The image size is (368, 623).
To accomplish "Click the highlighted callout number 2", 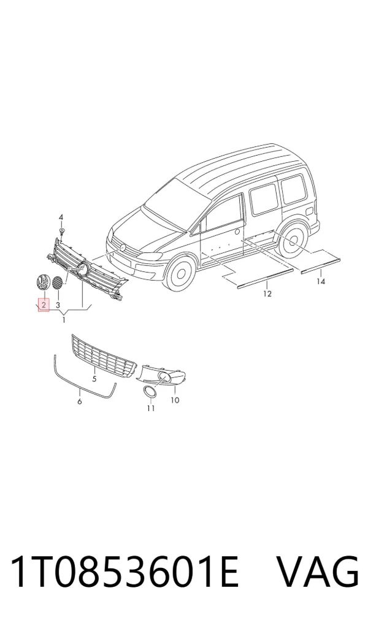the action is point(44,305).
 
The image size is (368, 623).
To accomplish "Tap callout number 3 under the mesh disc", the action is point(58,305).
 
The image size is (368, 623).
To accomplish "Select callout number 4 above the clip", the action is point(61,217).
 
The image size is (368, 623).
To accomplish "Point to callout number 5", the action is point(94,379).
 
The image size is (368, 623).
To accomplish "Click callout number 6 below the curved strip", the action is point(80,402).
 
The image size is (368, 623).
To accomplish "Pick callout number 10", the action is point(175,399).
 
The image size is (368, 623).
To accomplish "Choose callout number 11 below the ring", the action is point(151,408).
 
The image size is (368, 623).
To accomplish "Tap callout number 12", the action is point(267,293).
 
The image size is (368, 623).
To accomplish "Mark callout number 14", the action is point(321,281).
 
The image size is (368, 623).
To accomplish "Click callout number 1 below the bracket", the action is point(64,319).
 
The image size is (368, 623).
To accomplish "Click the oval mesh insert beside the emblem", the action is point(58,282).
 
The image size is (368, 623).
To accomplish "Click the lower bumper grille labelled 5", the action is point(104,356).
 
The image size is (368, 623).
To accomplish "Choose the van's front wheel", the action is point(181,273).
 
